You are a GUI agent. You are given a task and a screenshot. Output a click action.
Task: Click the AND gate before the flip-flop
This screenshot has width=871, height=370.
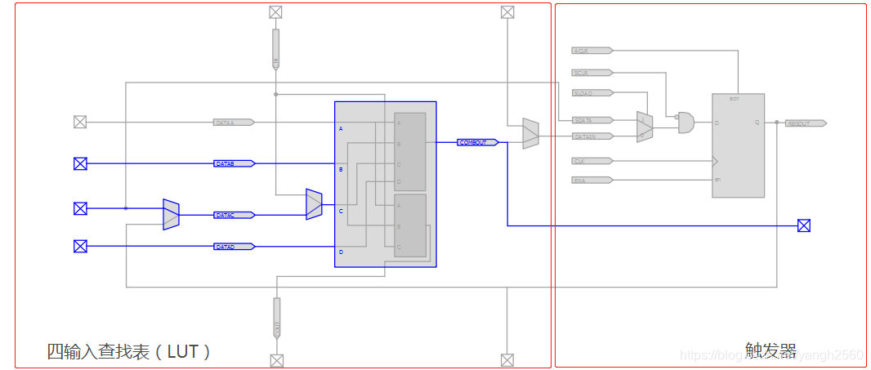click(686, 123)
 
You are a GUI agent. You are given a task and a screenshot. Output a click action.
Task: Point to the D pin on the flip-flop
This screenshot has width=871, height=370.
click(717, 123)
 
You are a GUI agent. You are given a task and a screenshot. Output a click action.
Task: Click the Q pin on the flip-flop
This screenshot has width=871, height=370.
click(757, 123)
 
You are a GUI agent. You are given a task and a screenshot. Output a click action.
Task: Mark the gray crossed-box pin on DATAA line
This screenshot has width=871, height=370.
click(80, 123)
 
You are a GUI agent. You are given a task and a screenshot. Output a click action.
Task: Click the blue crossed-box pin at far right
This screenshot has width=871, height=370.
click(804, 225)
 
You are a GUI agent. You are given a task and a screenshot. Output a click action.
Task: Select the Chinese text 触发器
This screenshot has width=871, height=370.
click(770, 350)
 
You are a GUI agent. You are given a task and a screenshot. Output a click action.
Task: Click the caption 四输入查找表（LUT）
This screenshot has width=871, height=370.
click(129, 352)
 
